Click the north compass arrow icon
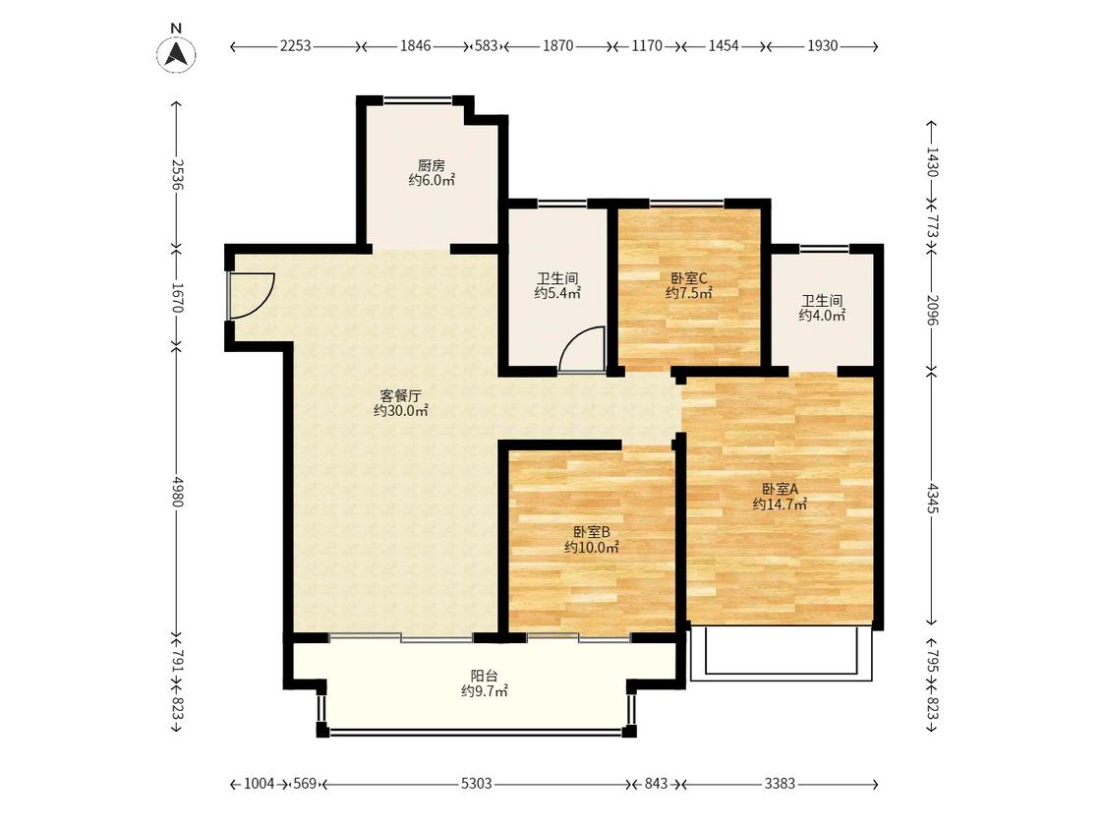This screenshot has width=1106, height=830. click(176, 54)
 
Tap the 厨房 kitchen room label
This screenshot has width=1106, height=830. click(431, 166)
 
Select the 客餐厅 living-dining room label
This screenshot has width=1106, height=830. click(400, 396)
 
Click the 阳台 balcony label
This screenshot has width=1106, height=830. click(484, 677)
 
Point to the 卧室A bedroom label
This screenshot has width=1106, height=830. click(780, 489)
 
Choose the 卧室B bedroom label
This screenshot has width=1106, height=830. click(591, 532)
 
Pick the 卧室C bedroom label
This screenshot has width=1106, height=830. click(688, 278)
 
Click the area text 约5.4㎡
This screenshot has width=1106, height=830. click(557, 294)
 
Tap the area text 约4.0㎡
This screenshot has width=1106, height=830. click(822, 316)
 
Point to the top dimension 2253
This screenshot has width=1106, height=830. click(296, 46)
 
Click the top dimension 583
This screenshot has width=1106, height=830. click(487, 46)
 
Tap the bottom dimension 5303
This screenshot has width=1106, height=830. click(477, 784)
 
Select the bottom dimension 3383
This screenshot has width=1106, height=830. click(781, 784)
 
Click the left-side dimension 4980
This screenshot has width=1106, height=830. click(176, 492)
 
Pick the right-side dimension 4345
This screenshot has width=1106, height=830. click(933, 498)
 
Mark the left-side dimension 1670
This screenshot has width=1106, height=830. click(176, 298)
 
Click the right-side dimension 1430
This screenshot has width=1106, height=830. click(933, 161)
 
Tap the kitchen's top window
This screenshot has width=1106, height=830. click(418, 101)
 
